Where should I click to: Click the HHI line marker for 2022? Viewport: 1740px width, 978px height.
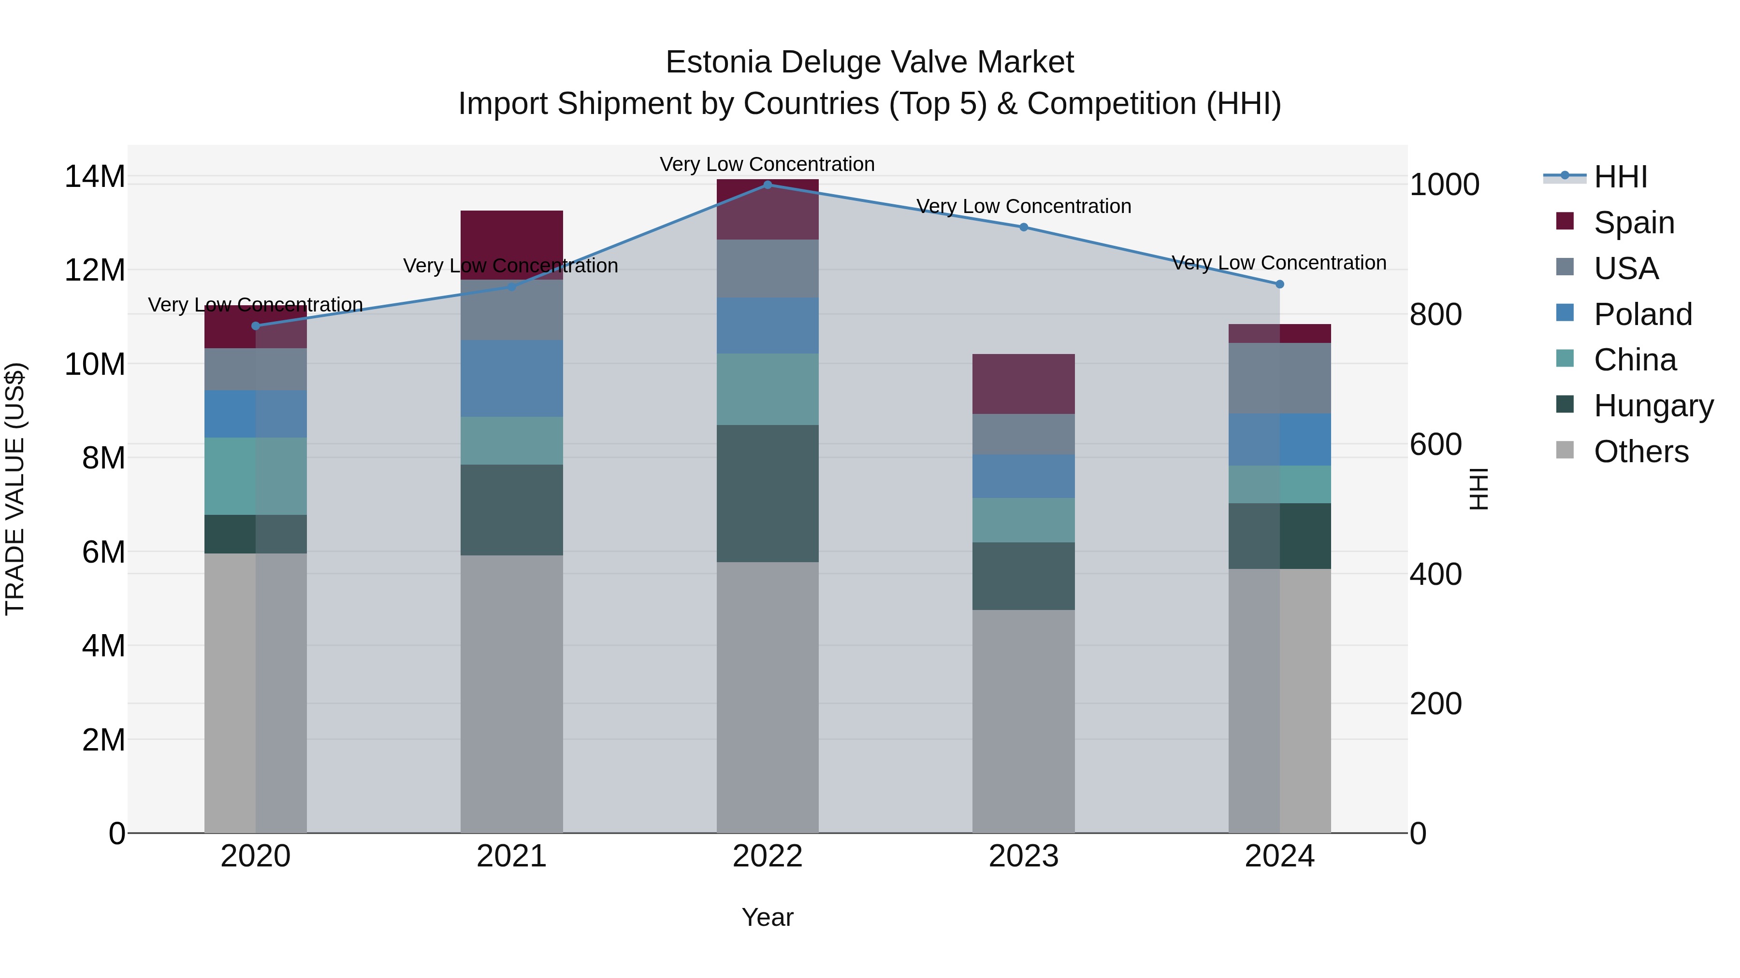[768, 184]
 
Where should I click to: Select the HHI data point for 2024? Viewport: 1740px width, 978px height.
[1279, 284]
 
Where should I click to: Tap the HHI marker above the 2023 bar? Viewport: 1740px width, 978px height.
[1023, 227]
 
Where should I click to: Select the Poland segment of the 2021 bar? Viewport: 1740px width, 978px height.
[511, 378]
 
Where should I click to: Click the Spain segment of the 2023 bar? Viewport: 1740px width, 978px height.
[1023, 383]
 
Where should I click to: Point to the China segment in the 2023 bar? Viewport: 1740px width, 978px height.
[1023, 520]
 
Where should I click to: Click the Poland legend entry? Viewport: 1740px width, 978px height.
[1642, 314]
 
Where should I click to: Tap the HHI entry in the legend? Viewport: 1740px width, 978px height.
[1620, 177]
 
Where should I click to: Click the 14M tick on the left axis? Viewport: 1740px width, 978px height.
[95, 177]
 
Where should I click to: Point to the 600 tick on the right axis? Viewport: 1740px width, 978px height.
[1435, 444]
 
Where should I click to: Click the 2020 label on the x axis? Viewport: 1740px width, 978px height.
[255, 856]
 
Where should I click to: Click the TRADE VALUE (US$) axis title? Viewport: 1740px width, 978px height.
[15, 489]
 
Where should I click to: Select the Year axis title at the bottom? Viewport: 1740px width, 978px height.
[768, 917]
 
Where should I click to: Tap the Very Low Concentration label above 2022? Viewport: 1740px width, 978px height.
[768, 164]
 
